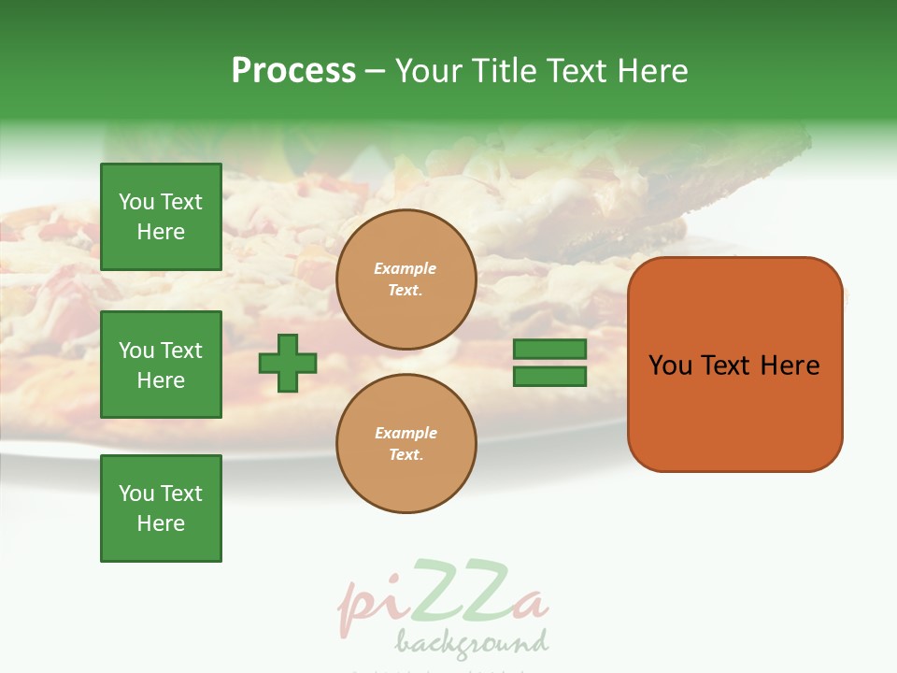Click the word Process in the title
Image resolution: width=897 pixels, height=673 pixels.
coord(293,71)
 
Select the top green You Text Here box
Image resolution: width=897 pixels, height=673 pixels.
coord(161,217)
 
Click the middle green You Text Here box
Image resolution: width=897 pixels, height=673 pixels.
coord(161,365)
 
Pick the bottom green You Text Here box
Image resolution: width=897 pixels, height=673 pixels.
coord(161,508)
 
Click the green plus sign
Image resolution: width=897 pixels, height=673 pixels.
coord(288,363)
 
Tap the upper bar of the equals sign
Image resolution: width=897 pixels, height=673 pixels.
coord(549,349)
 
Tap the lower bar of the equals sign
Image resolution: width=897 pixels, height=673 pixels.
coord(549,376)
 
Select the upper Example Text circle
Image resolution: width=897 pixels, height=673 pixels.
coord(406,279)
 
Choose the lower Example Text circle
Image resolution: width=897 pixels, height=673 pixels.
coord(406,444)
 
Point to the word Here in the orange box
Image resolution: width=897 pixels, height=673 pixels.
coord(790,365)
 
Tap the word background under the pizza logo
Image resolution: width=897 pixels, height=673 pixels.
coord(471,643)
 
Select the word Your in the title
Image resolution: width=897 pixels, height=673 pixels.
coord(430,71)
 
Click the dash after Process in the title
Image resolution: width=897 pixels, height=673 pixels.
coord(376,71)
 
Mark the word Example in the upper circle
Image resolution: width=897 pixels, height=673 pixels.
coord(406,268)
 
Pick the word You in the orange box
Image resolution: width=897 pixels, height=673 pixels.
coord(670,365)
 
